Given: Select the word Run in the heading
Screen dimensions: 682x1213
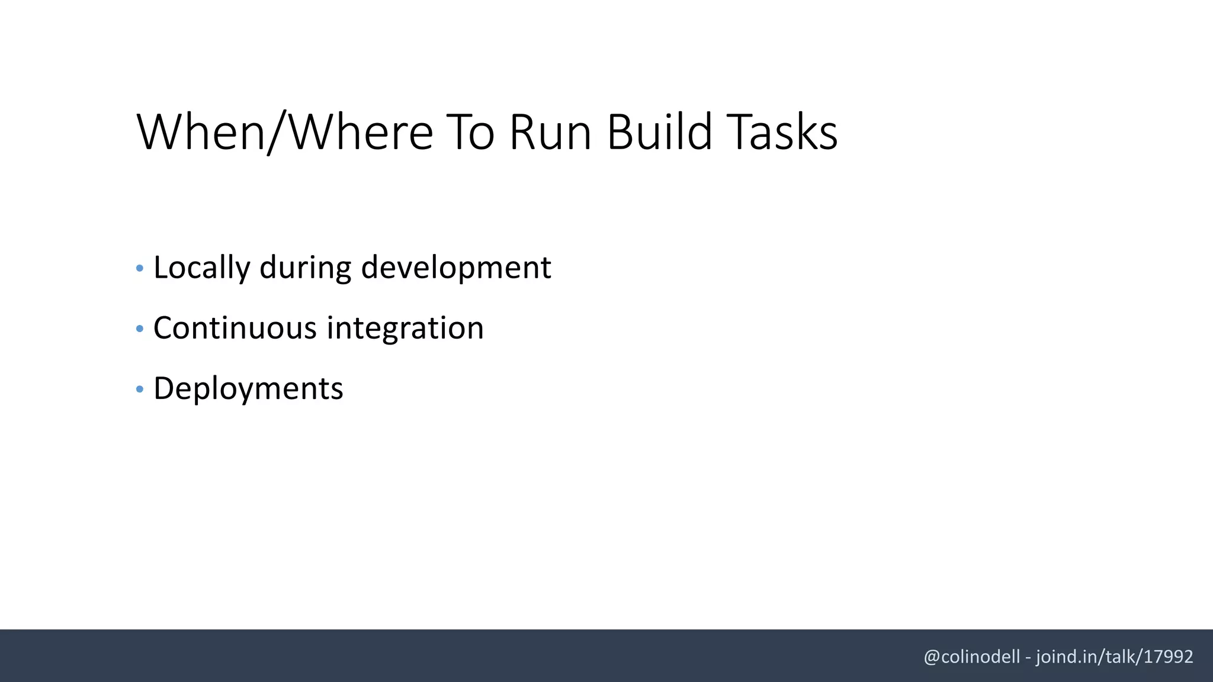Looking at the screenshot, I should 550,132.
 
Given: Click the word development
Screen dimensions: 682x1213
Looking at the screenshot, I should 455,268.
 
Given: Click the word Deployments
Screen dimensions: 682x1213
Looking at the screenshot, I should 248,389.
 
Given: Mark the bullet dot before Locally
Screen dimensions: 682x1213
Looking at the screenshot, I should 140,269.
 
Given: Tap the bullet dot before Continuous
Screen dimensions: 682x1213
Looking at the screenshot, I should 140,329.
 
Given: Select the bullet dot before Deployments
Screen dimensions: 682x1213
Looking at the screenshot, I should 140,390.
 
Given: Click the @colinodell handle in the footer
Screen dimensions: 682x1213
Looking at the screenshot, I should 971,657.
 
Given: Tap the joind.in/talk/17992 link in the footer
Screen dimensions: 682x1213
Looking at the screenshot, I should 1114,657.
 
